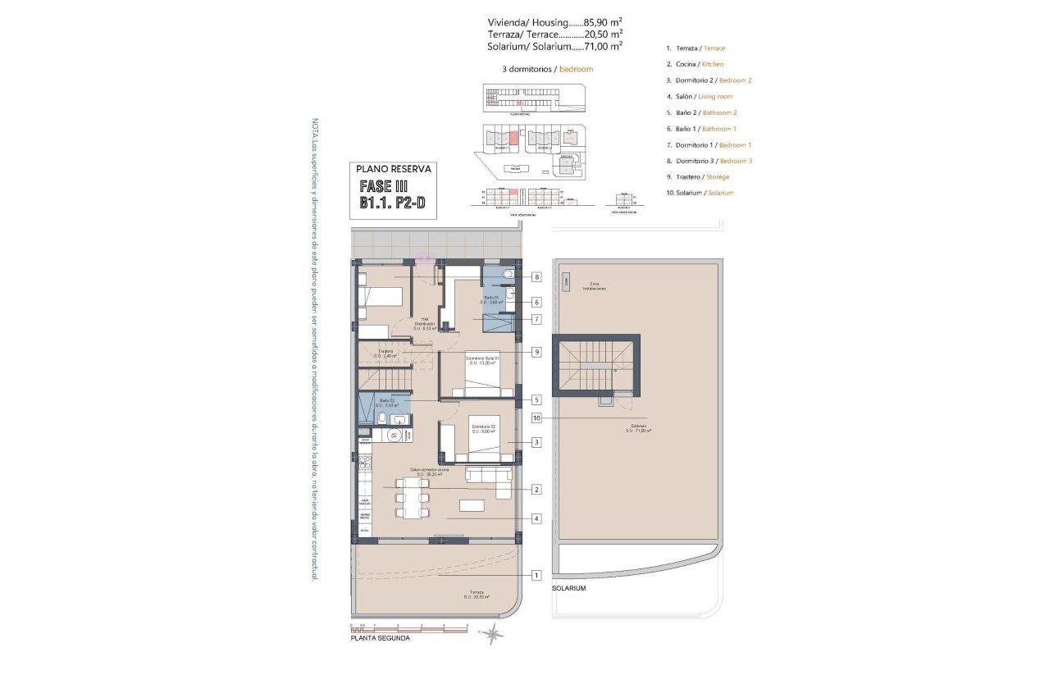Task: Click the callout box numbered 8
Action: (x=536, y=277)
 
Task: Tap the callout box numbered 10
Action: (x=536, y=418)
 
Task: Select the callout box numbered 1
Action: (x=536, y=575)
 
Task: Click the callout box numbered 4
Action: (x=536, y=518)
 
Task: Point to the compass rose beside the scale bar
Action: (x=492, y=632)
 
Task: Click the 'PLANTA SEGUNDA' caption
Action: (x=380, y=638)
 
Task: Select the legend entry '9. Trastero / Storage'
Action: (x=697, y=176)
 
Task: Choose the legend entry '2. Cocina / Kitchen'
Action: (x=695, y=64)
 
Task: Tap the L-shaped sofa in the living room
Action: (x=492, y=480)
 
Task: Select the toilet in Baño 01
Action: (x=508, y=273)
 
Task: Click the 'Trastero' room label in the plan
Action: (x=385, y=353)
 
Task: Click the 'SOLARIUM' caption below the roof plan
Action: (x=569, y=589)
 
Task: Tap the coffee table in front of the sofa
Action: (x=472, y=505)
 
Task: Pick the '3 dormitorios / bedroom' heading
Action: (x=547, y=70)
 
